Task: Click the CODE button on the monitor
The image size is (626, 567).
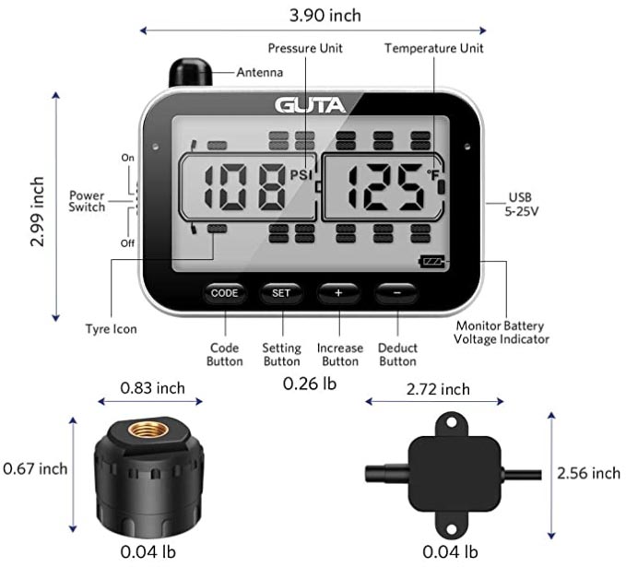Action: pos(224,293)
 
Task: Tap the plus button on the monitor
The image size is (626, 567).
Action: pos(338,293)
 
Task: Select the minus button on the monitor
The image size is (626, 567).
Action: pos(396,293)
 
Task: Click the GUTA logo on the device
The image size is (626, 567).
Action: pos(310,105)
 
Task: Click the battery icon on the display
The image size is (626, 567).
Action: pos(431,262)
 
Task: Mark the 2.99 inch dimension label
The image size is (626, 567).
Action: pos(37,211)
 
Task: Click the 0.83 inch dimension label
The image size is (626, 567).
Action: pos(153,388)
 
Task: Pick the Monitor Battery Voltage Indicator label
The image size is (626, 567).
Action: pos(501,333)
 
